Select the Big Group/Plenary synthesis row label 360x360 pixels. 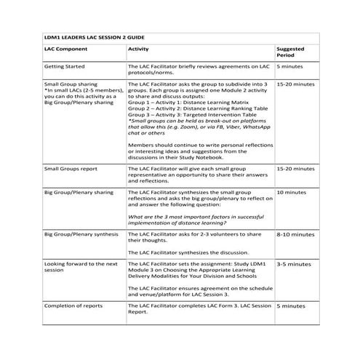[81, 235]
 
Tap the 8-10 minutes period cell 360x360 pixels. [295, 235]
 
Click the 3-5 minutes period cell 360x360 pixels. [294, 264]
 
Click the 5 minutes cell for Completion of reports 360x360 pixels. [290, 306]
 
